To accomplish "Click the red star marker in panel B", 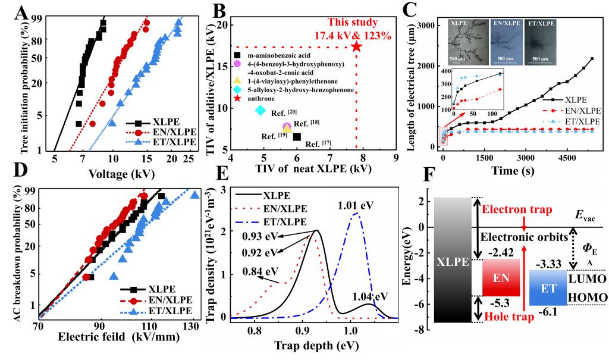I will (356, 46).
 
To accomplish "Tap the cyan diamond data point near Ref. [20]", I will (260, 110).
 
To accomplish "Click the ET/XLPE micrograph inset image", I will (539, 41).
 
